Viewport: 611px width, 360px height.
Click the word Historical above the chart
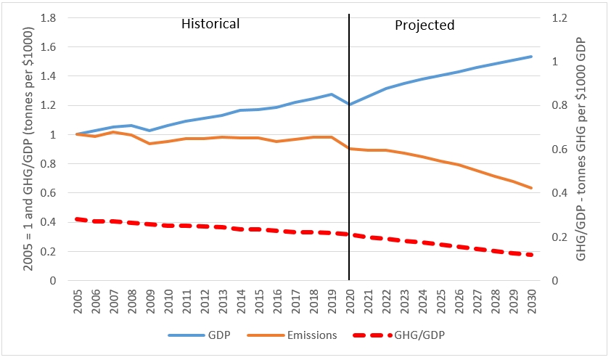[210, 24]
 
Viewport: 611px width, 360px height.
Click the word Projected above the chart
[425, 25]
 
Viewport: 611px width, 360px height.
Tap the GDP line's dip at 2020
[349, 105]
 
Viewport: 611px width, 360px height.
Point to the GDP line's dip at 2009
[150, 131]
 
